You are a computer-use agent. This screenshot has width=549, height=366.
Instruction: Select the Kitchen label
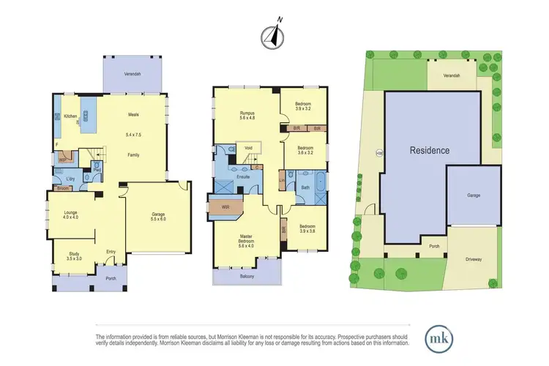pyautogui.click(x=70, y=116)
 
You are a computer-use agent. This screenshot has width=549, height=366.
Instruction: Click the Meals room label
pyautogui.click(x=133, y=114)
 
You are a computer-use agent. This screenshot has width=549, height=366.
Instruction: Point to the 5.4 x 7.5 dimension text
pyautogui.click(x=133, y=135)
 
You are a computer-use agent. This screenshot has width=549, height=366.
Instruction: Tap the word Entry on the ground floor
pyautogui.click(x=112, y=252)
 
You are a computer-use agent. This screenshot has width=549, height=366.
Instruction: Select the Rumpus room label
pyautogui.click(x=247, y=114)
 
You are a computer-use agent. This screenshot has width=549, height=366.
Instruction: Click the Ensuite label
pyautogui.click(x=245, y=176)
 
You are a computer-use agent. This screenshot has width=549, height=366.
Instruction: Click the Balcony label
pyautogui.click(x=247, y=277)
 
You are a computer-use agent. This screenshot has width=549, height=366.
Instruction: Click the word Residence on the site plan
pyautogui.click(x=429, y=150)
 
